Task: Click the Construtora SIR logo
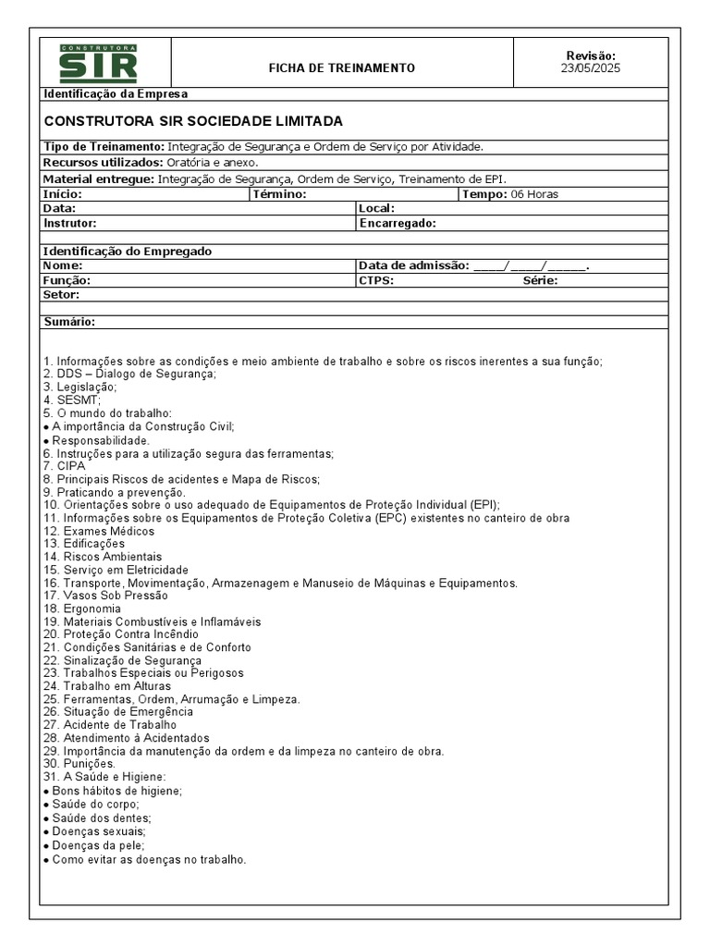(x=99, y=63)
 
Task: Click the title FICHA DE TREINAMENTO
(x=341, y=68)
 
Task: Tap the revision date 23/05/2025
(x=590, y=69)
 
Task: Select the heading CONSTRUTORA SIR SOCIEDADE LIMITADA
(x=193, y=121)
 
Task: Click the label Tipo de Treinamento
(x=104, y=147)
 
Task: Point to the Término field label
(x=278, y=194)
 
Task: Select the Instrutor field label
(x=69, y=223)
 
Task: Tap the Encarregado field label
(x=398, y=223)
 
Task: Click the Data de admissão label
(x=413, y=265)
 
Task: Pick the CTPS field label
(x=376, y=280)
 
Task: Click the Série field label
(x=540, y=280)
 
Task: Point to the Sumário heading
(x=69, y=323)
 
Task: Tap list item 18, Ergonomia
(x=82, y=609)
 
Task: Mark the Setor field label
(x=61, y=295)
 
